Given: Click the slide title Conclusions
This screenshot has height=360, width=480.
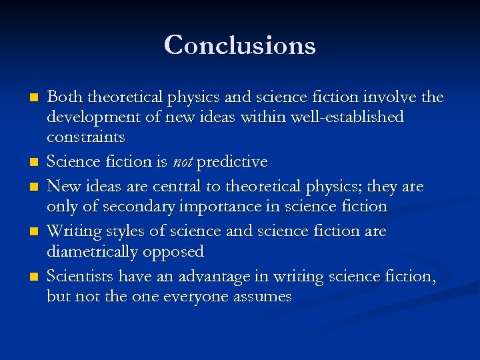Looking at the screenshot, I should tap(240, 45).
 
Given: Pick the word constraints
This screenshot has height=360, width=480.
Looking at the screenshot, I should tap(85, 137).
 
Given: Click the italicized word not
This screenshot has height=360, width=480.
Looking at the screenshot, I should tap(183, 162).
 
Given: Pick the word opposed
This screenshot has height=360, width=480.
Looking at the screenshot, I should tap(180, 252).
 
